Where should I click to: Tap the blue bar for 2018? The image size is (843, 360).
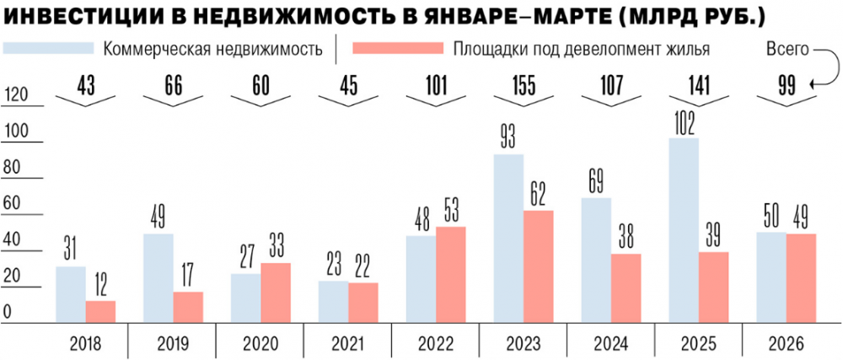pyautogui.click(x=71, y=296)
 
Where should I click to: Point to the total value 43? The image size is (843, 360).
pyautogui.click(x=84, y=84)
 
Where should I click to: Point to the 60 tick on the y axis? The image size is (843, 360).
pyautogui.click(x=13, y=204)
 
